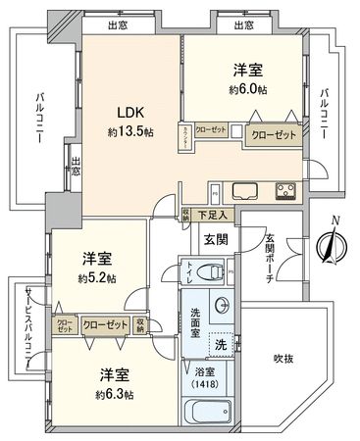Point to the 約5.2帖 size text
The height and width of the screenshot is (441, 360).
[98, 278]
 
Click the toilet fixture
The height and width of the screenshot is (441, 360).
[206, 271]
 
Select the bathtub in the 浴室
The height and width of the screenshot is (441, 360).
[207, 414]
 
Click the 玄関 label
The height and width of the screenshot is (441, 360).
[215, 238]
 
